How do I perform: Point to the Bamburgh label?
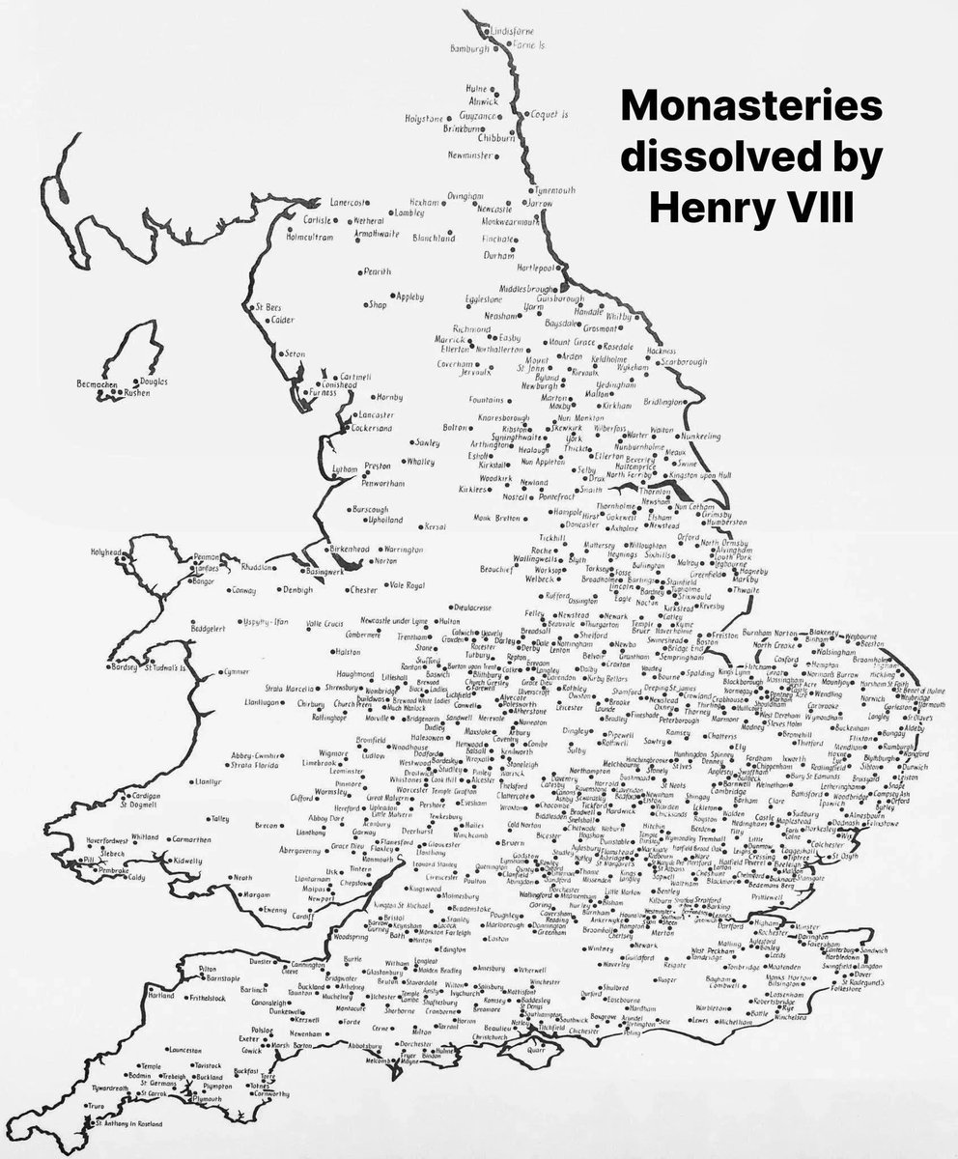pos(472,47)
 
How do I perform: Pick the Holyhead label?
pos(109,552)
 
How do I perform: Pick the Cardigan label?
pos(140,796)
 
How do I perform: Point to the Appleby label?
pos(408,297)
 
